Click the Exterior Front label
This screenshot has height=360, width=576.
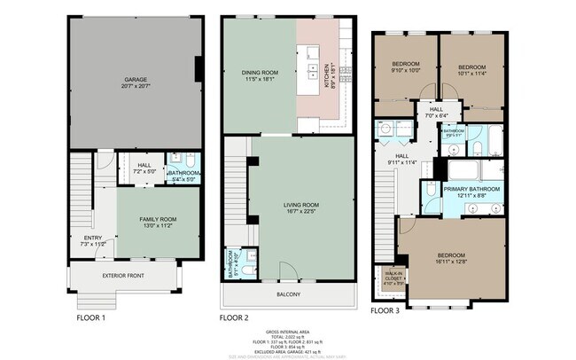pyautogui.click(x=122, y=276)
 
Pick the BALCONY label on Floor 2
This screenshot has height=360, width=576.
pyautogui.click(x=288, y=295)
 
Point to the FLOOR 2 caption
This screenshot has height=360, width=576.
pyautogui.click(x=234, y=317)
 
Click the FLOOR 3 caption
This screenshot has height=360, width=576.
pyautogui.click(x=385, y=311)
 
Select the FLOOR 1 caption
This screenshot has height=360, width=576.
pyautogui.click(x=90, y=317)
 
